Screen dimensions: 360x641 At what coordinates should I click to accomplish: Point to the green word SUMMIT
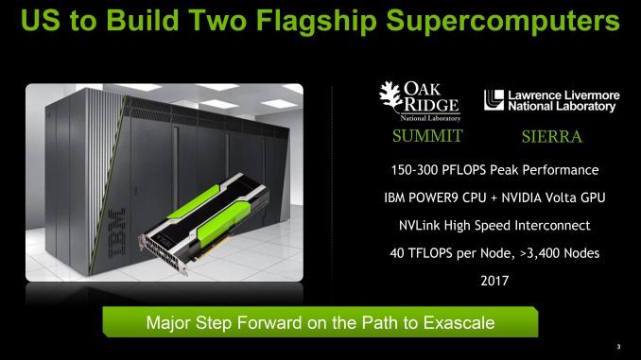pyautogui.click(x=426, y=137)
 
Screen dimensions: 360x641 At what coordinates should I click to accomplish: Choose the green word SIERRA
pyautogui.click(x=551, y=138)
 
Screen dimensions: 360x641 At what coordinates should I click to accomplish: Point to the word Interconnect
pyautogui.click(x=561, y=227)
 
